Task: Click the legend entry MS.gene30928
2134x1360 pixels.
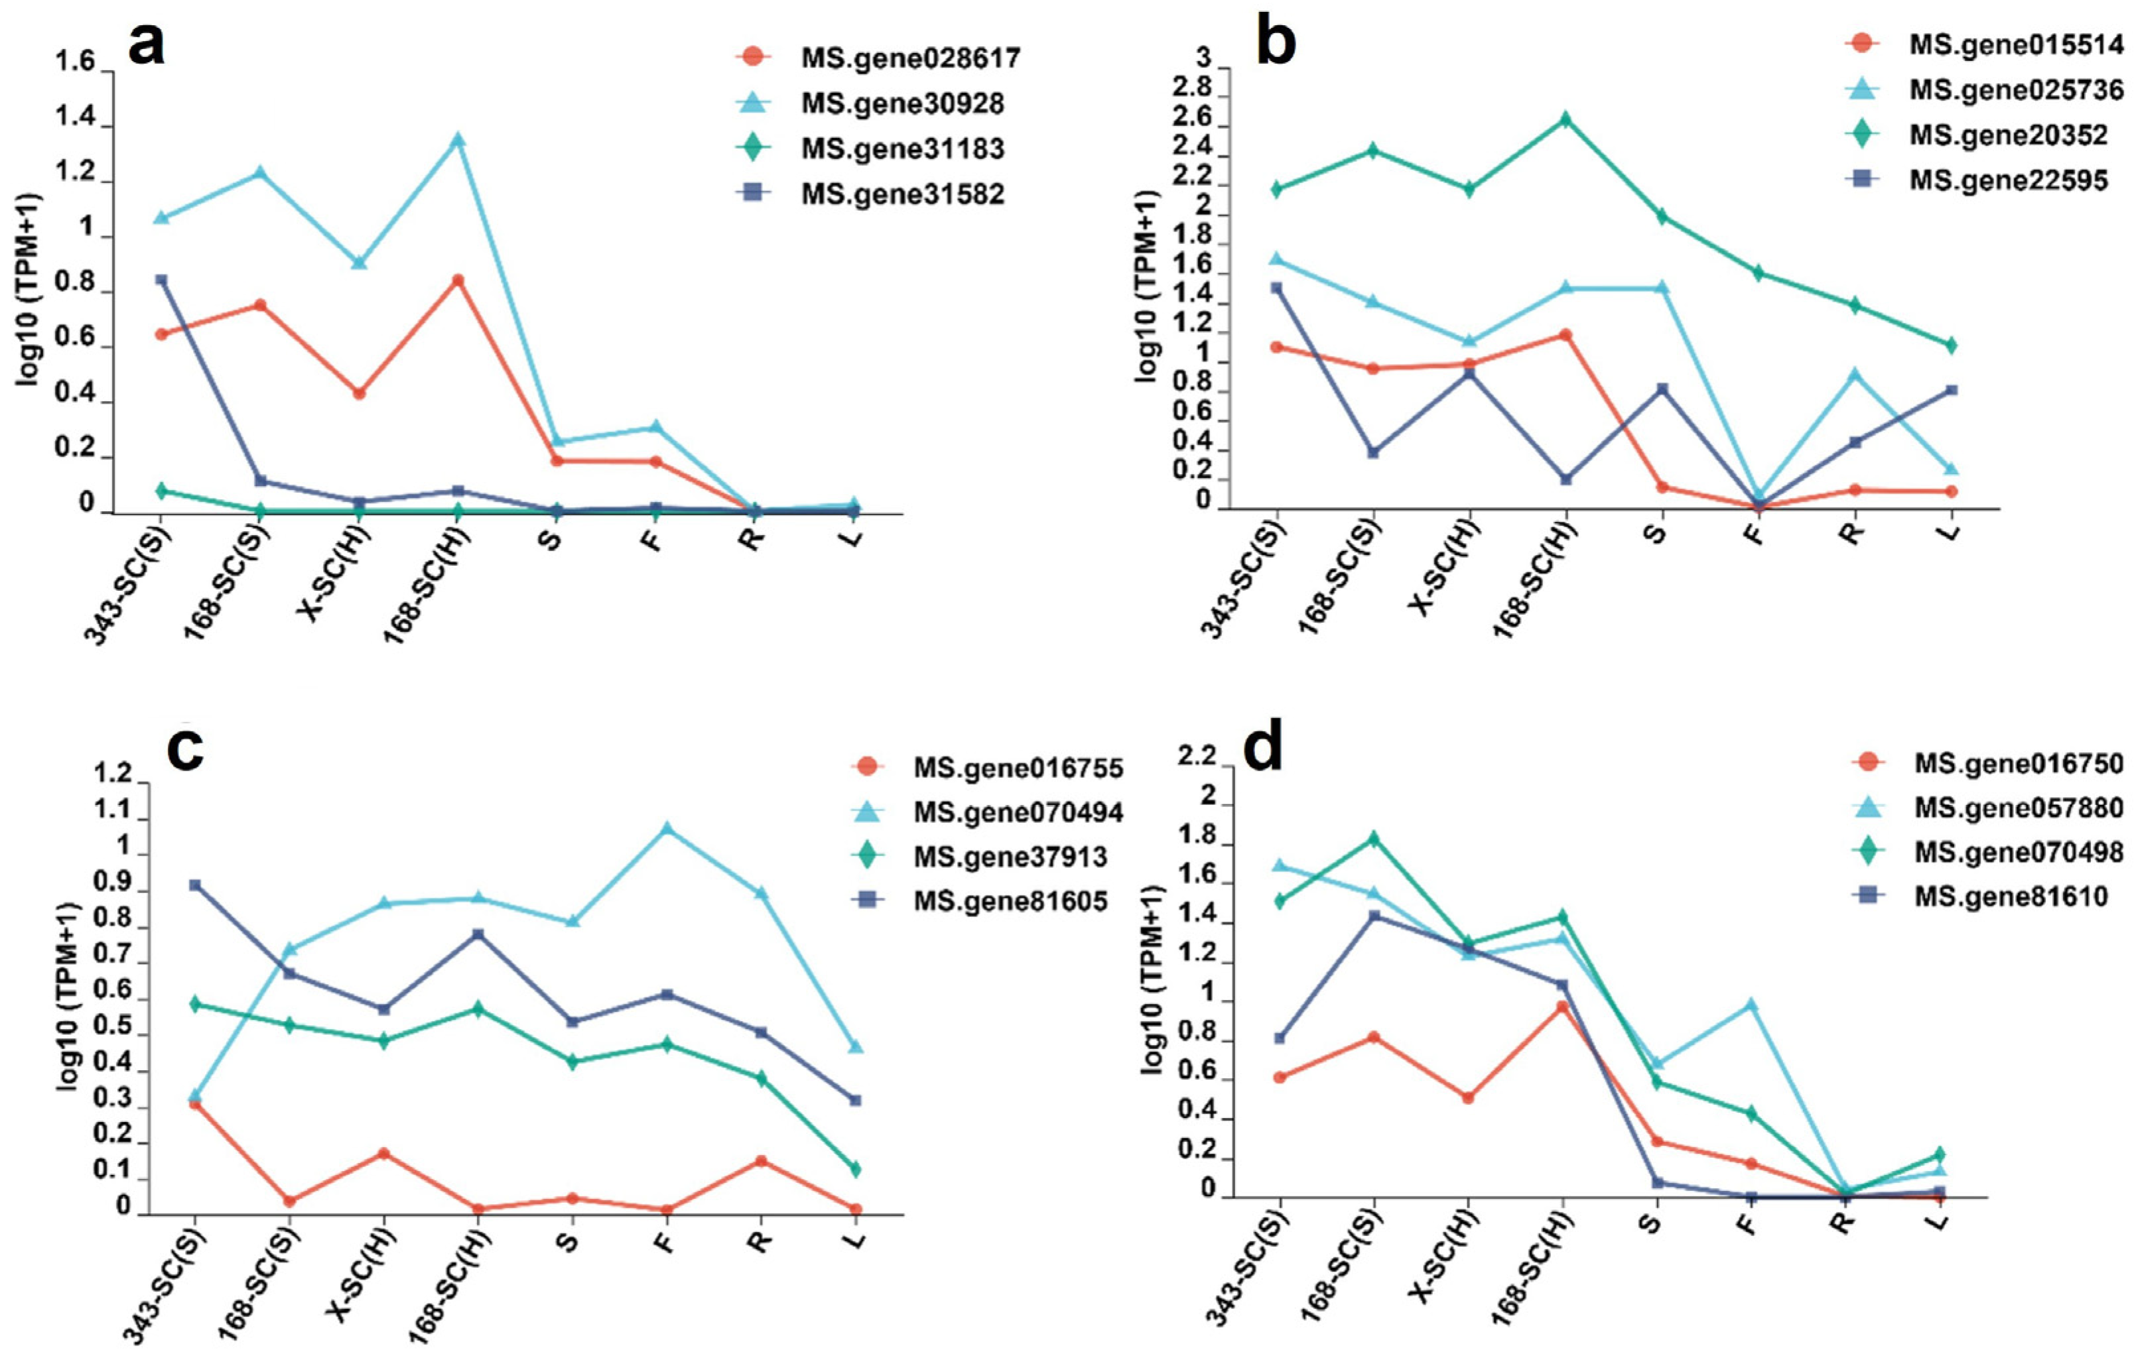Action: tap(902, 103)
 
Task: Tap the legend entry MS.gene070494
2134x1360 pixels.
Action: tap(1018, 812)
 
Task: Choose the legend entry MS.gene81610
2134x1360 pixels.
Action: tap(2011, 896)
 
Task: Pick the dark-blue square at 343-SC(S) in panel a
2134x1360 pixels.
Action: tap(161, 280)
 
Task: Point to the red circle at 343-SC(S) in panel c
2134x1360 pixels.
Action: tap(195, 1103)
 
